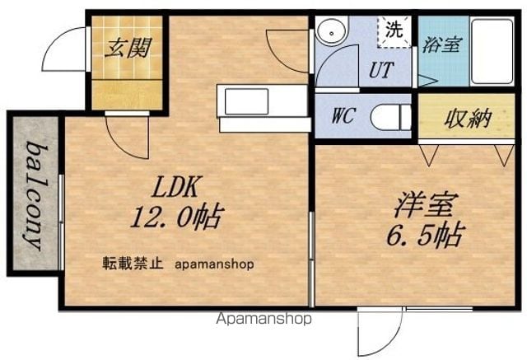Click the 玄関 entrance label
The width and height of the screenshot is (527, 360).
(x=128, y=49)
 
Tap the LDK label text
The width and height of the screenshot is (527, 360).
(x=175, y=187)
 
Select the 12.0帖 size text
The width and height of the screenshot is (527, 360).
(x=177, y=216)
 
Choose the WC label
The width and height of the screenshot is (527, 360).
(x=343, y=116)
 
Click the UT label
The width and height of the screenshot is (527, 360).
(x=381, y=70)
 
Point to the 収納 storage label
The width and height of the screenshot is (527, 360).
(x=468, y=119)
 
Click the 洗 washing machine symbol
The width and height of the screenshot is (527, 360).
(x=394, y=31)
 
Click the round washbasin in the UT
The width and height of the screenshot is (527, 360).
(x=332, y=33)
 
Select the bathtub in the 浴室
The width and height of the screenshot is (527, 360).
(x=492, y=51)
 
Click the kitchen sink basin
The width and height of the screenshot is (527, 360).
(x=247, y=101)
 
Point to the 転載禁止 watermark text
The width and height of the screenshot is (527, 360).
(x=133, y=264)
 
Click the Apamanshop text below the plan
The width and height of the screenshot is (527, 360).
(x=263, y=318)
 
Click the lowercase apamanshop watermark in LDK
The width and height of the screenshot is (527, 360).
(x=214, y=264)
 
